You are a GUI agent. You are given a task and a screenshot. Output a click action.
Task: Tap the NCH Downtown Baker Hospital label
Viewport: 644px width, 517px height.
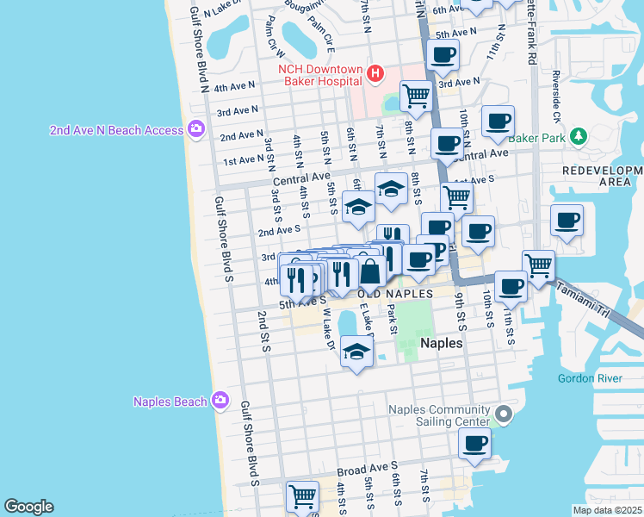point(318,75)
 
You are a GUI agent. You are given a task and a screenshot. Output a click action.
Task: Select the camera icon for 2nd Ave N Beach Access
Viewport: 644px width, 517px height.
point(195,129)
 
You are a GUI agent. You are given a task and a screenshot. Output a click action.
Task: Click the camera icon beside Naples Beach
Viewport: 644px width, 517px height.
point(220,401)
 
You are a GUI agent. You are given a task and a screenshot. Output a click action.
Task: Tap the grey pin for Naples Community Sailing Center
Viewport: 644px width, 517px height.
point(505,416)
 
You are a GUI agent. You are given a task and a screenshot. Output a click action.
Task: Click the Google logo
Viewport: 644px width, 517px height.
point(28,506)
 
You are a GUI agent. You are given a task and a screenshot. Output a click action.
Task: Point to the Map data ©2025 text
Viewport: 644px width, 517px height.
point(606,510)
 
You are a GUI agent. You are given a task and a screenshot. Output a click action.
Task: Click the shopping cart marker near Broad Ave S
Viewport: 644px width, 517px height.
point(302,496)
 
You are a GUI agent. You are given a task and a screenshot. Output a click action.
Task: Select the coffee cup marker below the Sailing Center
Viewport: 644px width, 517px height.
point(474,444)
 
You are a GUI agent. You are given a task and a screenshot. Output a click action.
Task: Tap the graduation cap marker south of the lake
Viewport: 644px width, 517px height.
point(356,351)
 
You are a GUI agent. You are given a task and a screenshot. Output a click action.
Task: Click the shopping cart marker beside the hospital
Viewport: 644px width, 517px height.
point(416,96)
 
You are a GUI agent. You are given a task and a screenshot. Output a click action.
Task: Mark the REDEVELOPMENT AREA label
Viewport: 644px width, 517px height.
point(602,176)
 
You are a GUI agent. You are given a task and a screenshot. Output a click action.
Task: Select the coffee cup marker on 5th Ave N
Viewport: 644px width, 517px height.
point(443,55)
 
